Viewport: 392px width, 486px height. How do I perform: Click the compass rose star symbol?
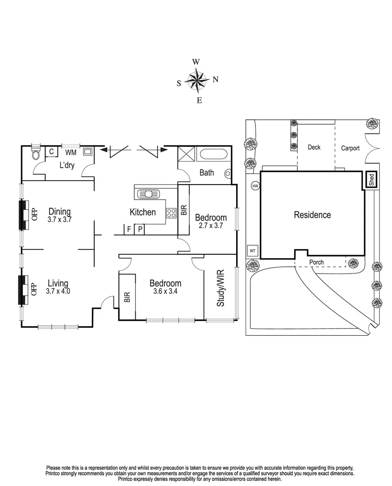tap(197, 81)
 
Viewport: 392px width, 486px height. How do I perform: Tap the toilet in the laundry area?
tap(36, 154)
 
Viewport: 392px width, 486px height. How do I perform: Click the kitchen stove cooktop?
tap(171, 213)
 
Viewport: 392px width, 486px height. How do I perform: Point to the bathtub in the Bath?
tap(214, 155)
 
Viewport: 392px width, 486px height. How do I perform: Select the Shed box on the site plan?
tap(371, 180)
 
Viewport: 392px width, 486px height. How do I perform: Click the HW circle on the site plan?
tap(255, 185)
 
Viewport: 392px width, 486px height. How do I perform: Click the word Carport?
tap(350, 148)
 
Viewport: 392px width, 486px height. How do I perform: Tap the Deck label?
tap(314, 147)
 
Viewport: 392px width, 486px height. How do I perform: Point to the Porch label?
tap(316, 262)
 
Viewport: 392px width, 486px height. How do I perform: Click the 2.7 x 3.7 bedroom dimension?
tap(210, 226)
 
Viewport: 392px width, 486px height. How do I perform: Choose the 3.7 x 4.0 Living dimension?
tap(58, 291)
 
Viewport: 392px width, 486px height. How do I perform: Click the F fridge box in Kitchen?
tap(129, 229)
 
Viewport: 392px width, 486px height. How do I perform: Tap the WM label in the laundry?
tap(71, 153)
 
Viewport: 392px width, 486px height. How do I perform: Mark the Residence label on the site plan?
tap(312, 215)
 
